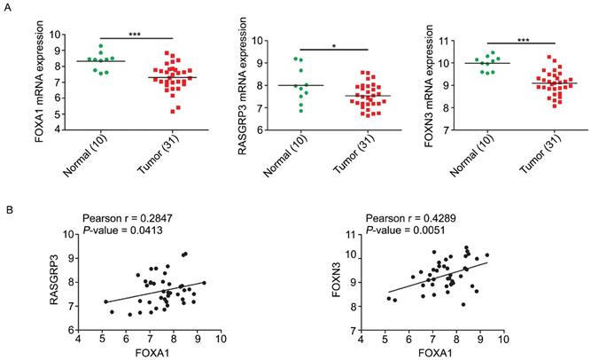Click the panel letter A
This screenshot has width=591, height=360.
pos(9,7)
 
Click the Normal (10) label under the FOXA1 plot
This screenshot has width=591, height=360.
pos(82,156)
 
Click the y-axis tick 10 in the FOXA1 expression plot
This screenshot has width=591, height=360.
pos(54,35)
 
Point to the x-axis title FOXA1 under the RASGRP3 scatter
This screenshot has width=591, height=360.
pos(148,352)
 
